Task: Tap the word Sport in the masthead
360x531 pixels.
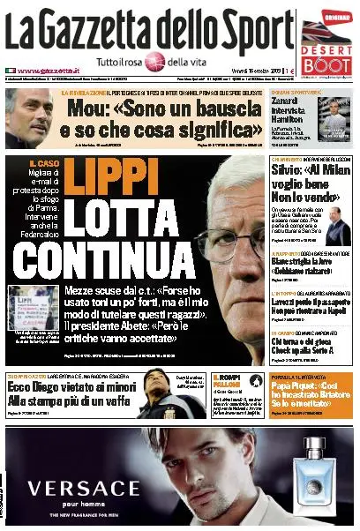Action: click(256, 33)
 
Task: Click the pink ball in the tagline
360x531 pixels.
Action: click(154, 62)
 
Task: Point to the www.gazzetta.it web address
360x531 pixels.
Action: click(44, 71)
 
